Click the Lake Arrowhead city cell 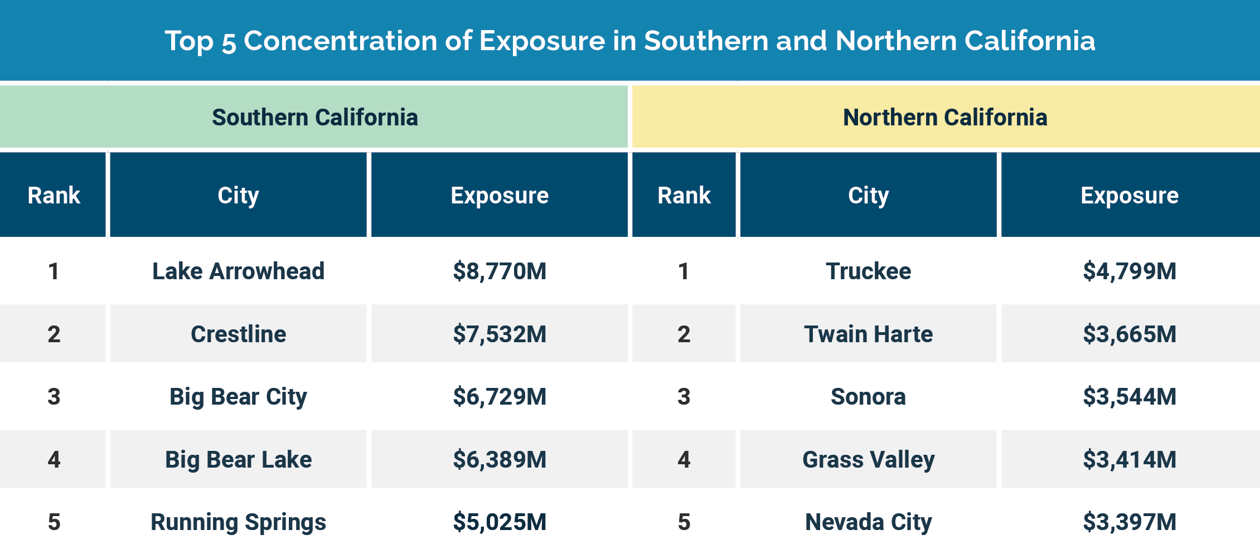238,271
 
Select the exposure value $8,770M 500,271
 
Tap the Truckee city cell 868,271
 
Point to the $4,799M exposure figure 1130,271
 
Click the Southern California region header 314,118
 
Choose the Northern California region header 945,118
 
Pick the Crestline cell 238,334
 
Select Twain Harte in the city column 868,334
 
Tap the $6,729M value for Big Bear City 500,397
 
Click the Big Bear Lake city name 238,460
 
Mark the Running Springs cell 238,522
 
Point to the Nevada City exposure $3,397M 1130,522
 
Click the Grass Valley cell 868,460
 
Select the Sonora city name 868,397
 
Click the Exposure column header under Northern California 1130,196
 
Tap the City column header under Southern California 238,196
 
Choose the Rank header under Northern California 684,196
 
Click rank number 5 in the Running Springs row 54,522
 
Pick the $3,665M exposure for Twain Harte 1130,334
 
